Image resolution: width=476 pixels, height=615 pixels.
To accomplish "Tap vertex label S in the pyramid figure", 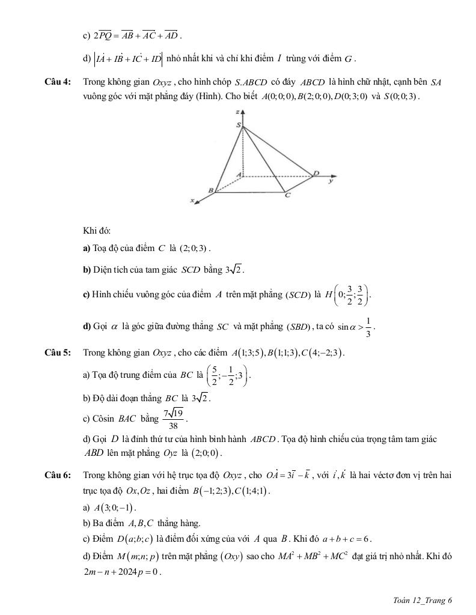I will coord(239,126).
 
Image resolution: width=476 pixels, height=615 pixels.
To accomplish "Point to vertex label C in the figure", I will coord(287,196).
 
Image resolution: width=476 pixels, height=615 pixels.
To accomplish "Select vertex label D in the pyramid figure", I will coord(317,173).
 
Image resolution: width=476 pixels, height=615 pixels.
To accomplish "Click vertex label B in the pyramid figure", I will coord(210,190).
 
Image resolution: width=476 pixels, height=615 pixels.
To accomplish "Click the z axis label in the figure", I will coord(239,112).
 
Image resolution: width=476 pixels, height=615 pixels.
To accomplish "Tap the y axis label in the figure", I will coord(330,180).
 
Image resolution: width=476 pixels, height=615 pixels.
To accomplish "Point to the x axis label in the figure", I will coord(193,201).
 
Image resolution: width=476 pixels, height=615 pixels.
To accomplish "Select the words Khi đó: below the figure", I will coord(97,231).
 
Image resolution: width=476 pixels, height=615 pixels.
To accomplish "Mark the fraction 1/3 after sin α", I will coord(368,327).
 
